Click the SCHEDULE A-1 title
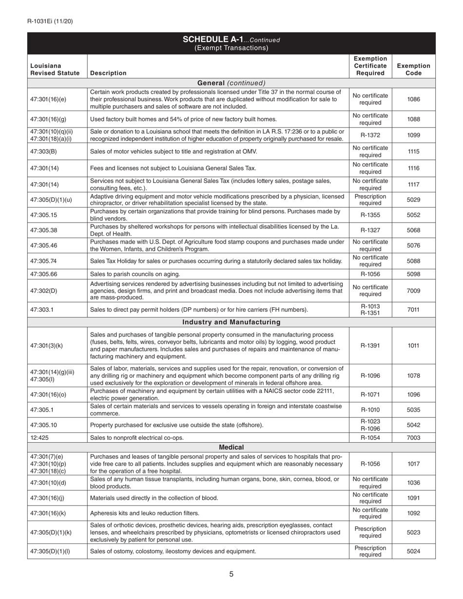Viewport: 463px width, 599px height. (x=231, y=39)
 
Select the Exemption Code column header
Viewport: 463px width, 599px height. (x=413, y=69)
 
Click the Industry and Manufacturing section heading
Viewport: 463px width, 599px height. (x=231, y=322)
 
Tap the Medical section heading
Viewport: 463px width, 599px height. (x=231, y=447)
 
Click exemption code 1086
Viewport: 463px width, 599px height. (x=413, y=99)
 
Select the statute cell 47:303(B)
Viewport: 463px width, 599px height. (x=43, y=151)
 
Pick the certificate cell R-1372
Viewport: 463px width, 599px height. (x=370, y=135)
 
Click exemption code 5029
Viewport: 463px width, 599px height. (x=413, y=200)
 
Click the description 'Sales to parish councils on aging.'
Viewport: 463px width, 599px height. (x=135, y=274)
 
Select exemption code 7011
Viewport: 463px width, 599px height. (x=413, y=310)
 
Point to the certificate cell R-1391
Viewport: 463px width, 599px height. (x=370, y=346)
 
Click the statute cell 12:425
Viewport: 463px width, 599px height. (x=39, y=438)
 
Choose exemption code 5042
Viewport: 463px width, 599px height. (x=413, y=425)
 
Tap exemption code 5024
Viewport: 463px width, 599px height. (x=413, y=551)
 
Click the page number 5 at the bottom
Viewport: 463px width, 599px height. (x=231, y=574)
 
